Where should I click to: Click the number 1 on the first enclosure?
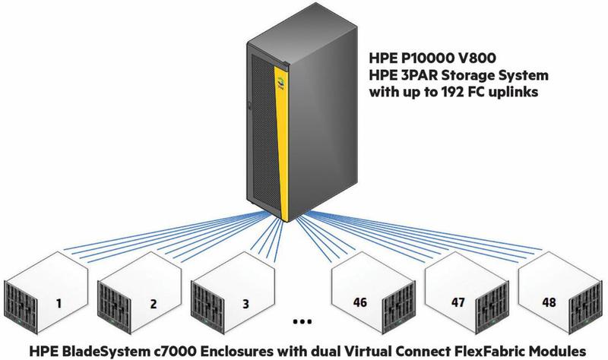59,303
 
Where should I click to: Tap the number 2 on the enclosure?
154,304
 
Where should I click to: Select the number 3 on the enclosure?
245,304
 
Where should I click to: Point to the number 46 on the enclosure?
359,302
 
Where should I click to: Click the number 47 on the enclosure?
458,302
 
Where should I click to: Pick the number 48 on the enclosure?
549,302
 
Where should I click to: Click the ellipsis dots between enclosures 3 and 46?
302,321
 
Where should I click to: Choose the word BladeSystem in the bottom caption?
103,352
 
